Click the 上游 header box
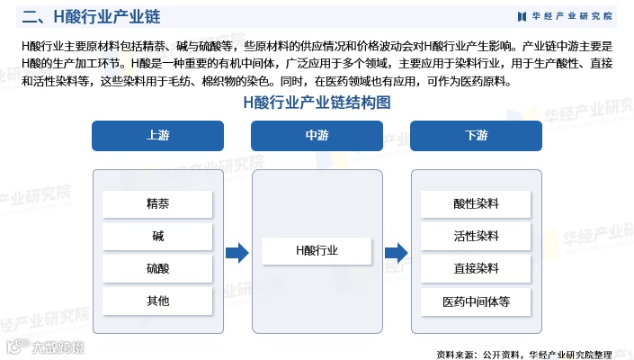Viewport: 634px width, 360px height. point(157,135)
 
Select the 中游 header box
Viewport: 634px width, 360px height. point(317,135)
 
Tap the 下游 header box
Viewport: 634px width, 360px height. point(476,135)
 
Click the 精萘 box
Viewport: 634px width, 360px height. point(157,203)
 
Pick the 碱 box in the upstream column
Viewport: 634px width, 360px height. point(157,236)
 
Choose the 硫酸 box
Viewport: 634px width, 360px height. point(157,268)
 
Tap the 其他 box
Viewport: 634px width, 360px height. point(157,301)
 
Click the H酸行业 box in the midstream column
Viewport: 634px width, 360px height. point(317,251)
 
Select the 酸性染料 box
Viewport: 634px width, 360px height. point(476,203)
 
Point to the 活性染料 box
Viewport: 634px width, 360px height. point(476,236)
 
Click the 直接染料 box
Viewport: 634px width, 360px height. point(476,268)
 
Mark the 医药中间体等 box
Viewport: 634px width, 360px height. point(476,301)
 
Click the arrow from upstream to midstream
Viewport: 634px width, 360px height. point(237,253)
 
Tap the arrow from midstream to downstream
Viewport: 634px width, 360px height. point(396,253)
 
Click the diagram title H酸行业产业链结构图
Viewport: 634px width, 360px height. point(317,103)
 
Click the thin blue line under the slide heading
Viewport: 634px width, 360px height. point(317,30)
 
